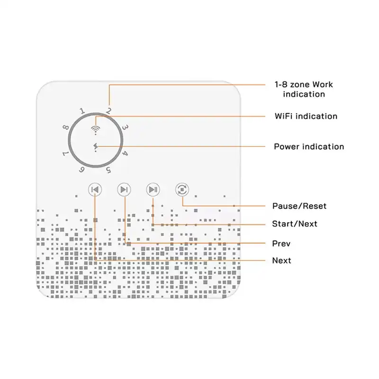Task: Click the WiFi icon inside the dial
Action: [96, 130]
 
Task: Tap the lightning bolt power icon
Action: [96, 147]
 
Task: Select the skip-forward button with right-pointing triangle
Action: [124, 189]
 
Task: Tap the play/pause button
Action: [153, 189]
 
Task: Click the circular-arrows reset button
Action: [182, 189]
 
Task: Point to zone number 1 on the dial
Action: [82, 111]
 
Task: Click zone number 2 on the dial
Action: [109, 111]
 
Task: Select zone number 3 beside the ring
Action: [125, 127]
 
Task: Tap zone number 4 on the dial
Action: [125, 153]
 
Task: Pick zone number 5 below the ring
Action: [109, 170]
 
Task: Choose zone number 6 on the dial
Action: [81, 170]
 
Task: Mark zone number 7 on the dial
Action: [65, 153]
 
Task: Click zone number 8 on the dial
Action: [66, 127]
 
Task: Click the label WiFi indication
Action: [306, 116]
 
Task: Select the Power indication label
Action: [309, 147]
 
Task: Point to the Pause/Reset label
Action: [299, 206]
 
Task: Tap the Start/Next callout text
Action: [295, 224]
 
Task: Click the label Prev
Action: [281, 244]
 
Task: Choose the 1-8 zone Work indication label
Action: [304, 89]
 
